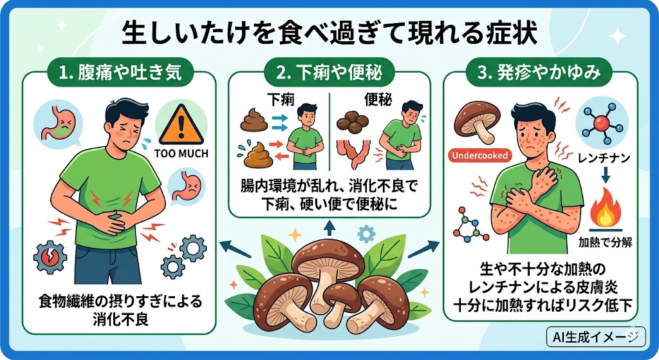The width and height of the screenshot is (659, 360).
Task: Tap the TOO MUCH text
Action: (182, 155)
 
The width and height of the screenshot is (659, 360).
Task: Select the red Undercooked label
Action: (479, 155)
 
